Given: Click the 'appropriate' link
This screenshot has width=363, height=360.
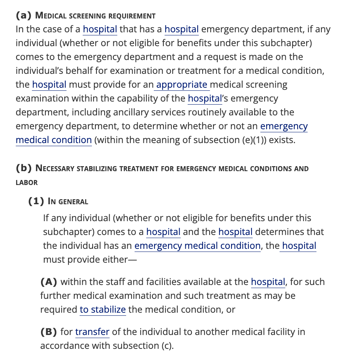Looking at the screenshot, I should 181,85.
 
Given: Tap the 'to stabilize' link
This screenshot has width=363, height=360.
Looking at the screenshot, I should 103,310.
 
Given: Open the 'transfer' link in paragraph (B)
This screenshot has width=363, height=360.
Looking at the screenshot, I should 92,332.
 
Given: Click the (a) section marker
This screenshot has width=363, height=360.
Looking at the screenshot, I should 23,16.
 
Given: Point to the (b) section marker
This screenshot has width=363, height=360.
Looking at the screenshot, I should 23,168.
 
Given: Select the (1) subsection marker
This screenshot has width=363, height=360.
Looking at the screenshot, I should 37,201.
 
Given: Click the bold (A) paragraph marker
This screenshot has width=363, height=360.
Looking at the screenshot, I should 49,282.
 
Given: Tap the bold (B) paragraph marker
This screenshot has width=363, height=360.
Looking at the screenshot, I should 49,332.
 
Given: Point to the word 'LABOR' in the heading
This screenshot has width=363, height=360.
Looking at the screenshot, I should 27,183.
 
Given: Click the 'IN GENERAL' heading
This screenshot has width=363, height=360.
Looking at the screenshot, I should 68,202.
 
